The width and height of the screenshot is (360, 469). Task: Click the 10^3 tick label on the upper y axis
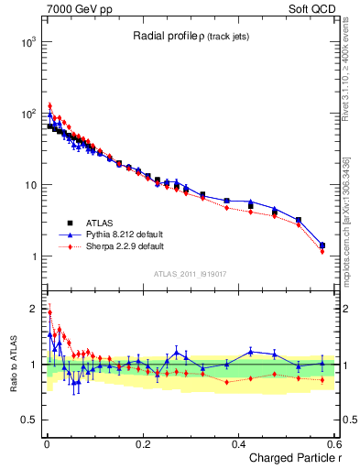(28, 42)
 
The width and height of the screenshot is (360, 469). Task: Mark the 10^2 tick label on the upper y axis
(28, 114)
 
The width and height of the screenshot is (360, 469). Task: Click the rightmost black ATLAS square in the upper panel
(322, 245)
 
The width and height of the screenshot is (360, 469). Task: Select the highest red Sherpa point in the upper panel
(50, 105)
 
